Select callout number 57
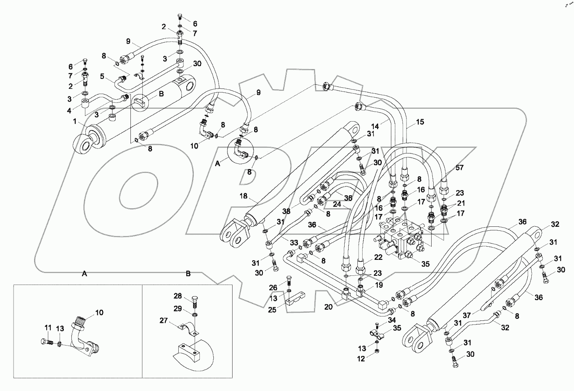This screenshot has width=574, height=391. (460, 168)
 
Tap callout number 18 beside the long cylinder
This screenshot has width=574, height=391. (243, 196)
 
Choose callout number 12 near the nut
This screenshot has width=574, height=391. (361, 359)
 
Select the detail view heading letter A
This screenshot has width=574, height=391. (84, 274)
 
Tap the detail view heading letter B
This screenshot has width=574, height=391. (188, 274)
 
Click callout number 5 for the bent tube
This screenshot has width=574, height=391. (102, 77)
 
